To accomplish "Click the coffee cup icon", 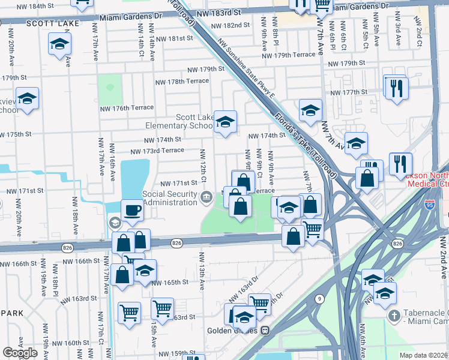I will tap(132, 210).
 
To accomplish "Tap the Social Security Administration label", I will tap(169, 198).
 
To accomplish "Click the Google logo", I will tap(20, 353).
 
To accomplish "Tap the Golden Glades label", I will tap(232, 331).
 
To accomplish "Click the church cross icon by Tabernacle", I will tap(394, 316).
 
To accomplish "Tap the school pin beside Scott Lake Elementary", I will tap(225, 122).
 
